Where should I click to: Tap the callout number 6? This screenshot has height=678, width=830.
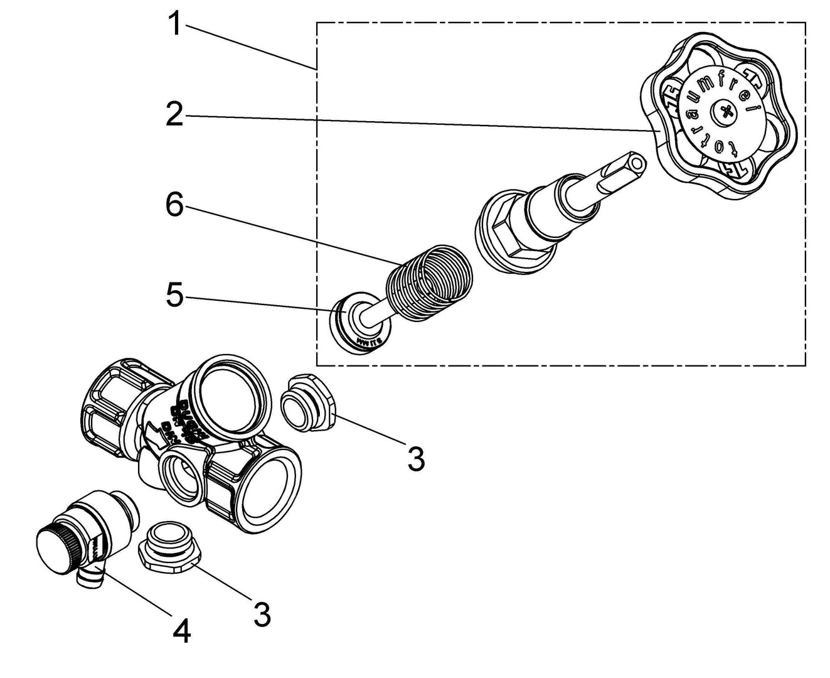point(174,205)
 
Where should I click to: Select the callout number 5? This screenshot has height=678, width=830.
point(174,296)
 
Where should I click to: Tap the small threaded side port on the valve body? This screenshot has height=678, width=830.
point(181,477)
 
